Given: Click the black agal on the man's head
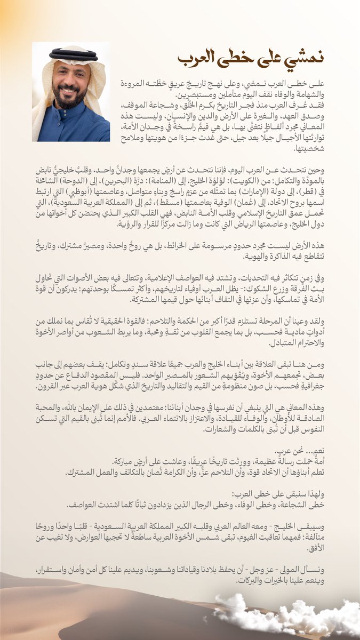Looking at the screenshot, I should coord(73,55).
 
